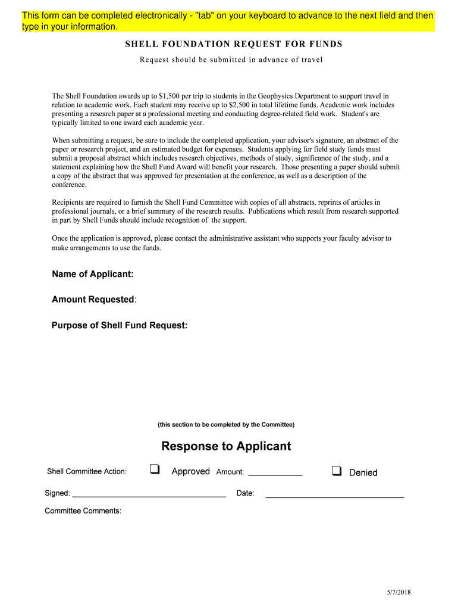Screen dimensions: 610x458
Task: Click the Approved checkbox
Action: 155,469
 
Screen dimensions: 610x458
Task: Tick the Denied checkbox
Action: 337,471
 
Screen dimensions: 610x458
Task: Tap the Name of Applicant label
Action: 92,274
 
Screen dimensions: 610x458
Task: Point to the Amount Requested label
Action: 93,300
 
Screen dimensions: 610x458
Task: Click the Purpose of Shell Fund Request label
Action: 120,326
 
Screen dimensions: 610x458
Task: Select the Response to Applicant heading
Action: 226,446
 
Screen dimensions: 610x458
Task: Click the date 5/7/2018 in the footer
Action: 399,592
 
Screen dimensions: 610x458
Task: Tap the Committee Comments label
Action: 83,511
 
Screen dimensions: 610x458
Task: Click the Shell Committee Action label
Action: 87,472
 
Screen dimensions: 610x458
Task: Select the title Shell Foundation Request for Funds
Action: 233,45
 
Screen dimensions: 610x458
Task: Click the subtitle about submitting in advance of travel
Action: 231,60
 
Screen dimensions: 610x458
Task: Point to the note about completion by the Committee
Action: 226,425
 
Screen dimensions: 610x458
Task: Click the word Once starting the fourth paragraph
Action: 60,238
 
